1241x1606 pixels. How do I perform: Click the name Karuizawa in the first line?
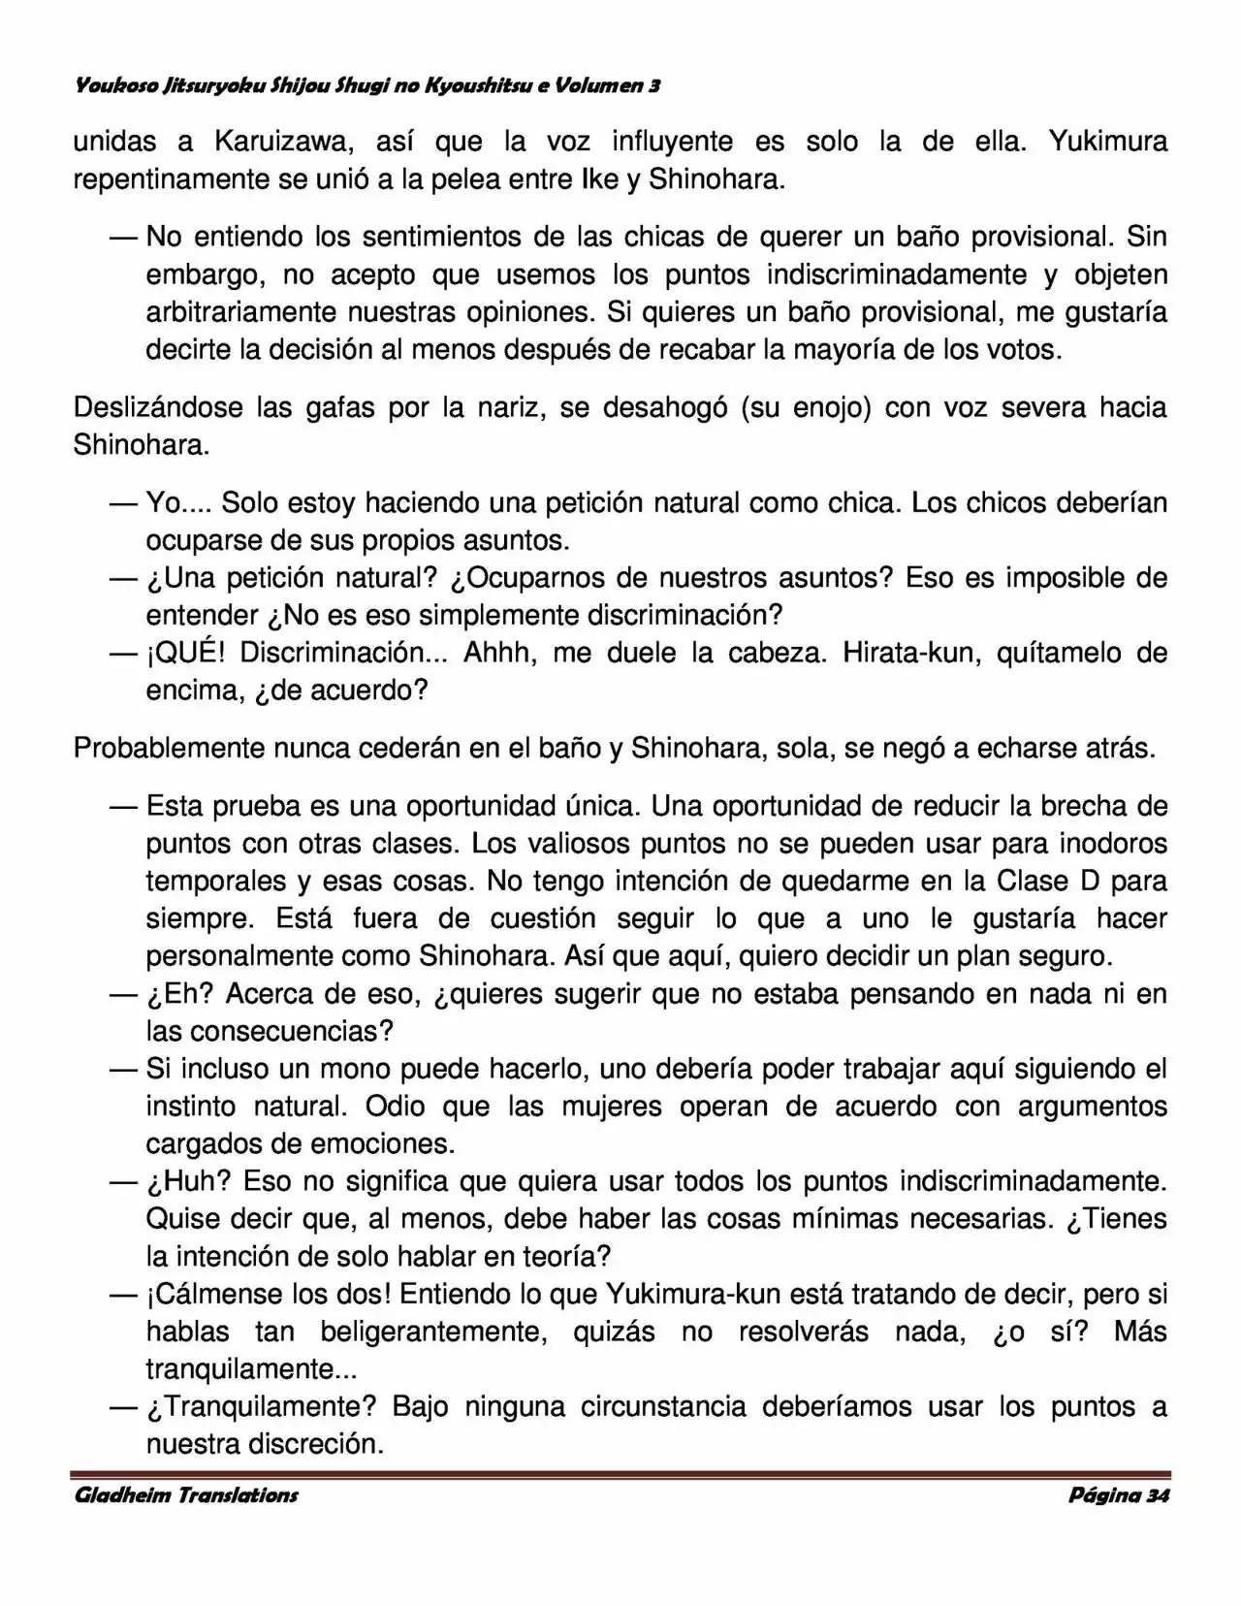coord(275,143)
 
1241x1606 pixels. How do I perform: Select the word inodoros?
coord(1112,844)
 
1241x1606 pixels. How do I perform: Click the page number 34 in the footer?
coord(1158,1495)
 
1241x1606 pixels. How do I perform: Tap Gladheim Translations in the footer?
coord(186,1495)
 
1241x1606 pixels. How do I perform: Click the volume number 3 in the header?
coord(655,86)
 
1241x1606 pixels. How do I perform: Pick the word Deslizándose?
coord(158,408)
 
